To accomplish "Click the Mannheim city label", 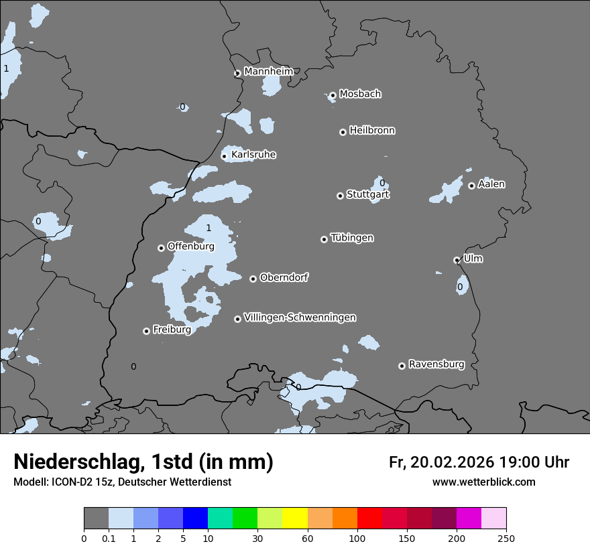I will tap(268, 71).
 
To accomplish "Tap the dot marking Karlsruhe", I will tap(225, 156).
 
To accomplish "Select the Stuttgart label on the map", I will tap(367, 195).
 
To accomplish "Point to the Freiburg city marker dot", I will tap(146, 331).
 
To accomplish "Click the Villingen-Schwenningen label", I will tap(300, 318).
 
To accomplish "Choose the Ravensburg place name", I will tap(436, 364).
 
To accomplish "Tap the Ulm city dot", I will tap(457, 260).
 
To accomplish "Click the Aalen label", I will tap(491, 184).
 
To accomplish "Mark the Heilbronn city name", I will tap(372, 131).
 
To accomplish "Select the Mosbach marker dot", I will tap(333, 95).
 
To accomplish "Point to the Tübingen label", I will tap(352, 238).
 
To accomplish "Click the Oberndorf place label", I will tap(284, 277).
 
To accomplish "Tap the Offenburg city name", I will tap(191, 247).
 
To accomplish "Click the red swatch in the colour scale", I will tap(369, 518).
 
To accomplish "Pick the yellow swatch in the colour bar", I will tap(295, 518).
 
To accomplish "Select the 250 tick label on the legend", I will tap(506, 538).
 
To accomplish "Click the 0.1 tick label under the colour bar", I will tap(109, 538).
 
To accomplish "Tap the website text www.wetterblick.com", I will tap(483, 482).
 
